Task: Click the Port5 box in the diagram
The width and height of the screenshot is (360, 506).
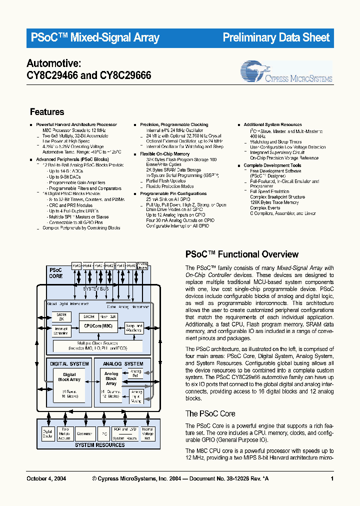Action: [77, 266]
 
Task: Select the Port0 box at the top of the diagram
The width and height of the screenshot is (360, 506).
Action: [131, 266]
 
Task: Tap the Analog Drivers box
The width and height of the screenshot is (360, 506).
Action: [142, 265]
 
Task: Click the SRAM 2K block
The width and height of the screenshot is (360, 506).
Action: [61, 317]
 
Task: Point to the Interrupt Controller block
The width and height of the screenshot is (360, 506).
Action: [61, 330]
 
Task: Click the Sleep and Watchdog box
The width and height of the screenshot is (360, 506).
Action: [134, 328]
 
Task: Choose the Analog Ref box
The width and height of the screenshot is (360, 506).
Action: [135, 372]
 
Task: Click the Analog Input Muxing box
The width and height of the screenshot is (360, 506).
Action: [135, 395]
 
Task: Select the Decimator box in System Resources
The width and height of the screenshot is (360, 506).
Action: [85, 433]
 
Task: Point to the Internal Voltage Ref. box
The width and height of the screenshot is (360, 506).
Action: [147, 433]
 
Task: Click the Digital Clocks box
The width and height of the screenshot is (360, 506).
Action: [47, 433]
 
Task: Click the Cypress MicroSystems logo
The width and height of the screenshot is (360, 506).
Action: [286, 72]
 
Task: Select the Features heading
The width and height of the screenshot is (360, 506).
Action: [47, 112]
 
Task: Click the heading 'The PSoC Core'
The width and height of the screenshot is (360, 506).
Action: [210, 413]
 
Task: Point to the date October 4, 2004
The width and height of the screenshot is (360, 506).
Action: [46, 478]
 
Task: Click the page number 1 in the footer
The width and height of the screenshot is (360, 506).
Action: [332, 478]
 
